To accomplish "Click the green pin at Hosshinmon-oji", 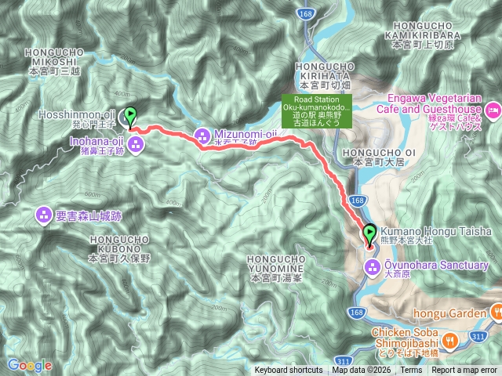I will [130, 116].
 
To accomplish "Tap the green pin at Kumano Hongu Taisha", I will [369, 233].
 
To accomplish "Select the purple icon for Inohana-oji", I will [136, 143].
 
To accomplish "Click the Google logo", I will [29, 365].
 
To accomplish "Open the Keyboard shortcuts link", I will [288, 371].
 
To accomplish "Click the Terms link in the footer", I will [410, 371].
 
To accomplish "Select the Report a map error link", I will [464, 371].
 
